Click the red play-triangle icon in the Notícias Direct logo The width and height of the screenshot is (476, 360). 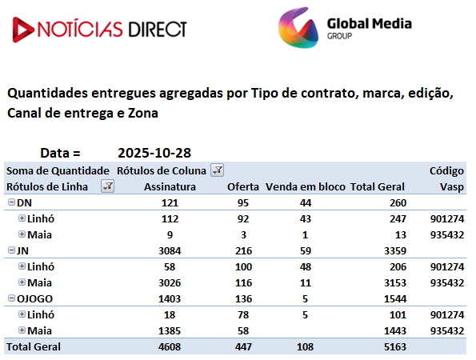pyautogui.click(x=22, y=30)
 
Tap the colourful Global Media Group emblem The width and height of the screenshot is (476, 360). pyautogui.click(x=298, y=28)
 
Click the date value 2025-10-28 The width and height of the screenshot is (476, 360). pyautogui.click(x=154, y=153)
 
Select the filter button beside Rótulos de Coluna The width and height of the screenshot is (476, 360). pyautogui.click(x=218, y=170)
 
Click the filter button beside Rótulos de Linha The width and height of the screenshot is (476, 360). pyautogui.click(x=107, y=186)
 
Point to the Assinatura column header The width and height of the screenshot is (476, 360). pyautogui.click(x=170, y=186)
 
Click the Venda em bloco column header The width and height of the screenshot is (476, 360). pyautogui.click(x=306, y=186)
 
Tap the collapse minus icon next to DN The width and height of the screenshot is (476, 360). pyautogui.click(x=11, y=202)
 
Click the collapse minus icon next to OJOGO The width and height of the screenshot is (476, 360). pyautogui.click(x=11, y=298)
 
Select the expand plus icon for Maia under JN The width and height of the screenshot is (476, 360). pyautogui.click(x=22, y=282)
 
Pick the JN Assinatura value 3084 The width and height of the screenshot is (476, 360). pyautogui.click(x=170, y=250)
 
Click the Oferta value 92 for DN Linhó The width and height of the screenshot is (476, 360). pyautogui.click(x=243, y=219)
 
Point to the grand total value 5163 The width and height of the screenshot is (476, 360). pyautogui.click(x=395, y=346)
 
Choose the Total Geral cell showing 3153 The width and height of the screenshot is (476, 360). pyautogui.click(x=395, y=283)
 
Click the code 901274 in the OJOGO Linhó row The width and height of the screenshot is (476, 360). pyautogui.click(x=447, y=314)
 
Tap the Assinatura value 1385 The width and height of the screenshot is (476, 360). pyautogui.click(x=170, y=331)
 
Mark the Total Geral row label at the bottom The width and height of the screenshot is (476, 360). pyautogui.click(x=34, y=346)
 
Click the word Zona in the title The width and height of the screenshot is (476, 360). pyautogui.click(x=143, y=114)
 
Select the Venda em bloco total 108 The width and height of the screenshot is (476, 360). pyautogui.click(x=305, y=346)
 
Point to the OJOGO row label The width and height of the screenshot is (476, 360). pyautogui.click(x=34, y=298)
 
